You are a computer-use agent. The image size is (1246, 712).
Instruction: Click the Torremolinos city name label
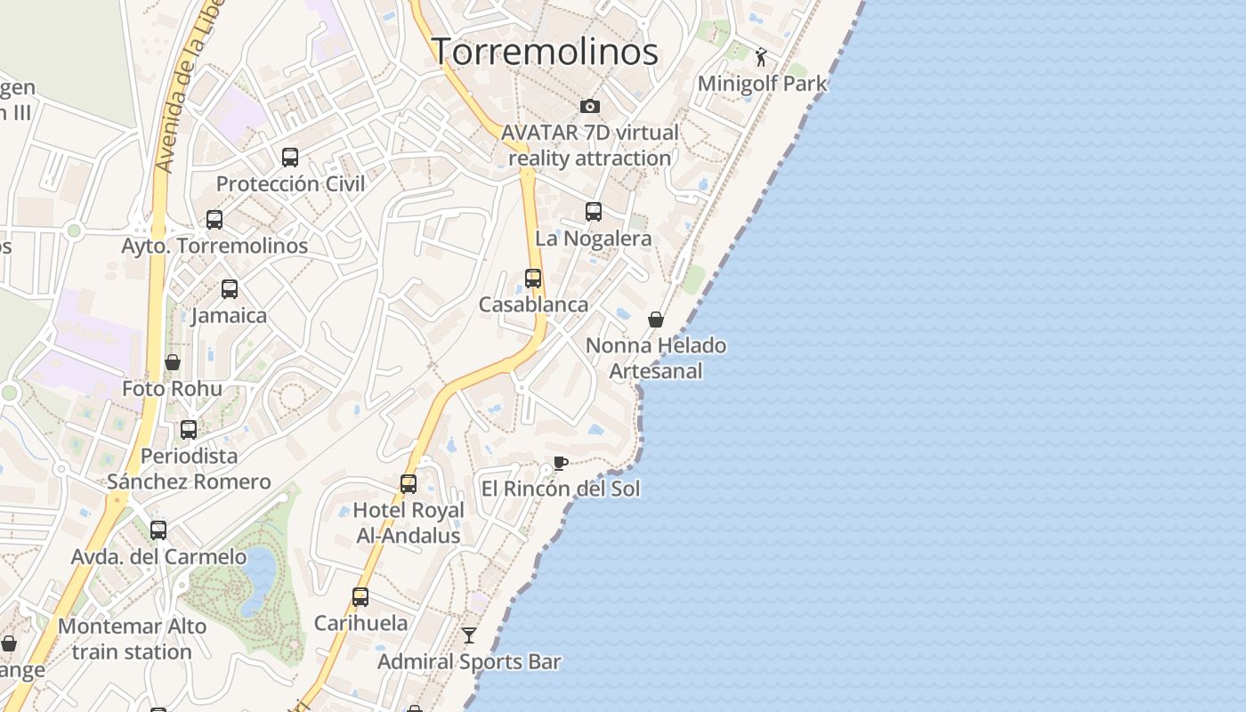[x=545, y=52]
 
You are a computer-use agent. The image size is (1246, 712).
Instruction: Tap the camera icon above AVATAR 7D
[x=589, y=107]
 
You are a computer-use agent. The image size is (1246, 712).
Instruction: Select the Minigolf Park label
[x=762, y=84]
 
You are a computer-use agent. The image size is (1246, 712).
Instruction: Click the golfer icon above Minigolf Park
[x=760, y=58]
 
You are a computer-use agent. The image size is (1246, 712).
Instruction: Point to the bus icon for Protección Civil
[x=290, y=158]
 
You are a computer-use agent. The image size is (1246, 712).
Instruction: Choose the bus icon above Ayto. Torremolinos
[x=214, y=220]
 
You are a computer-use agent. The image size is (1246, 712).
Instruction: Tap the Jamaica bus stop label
[x=229, y=316]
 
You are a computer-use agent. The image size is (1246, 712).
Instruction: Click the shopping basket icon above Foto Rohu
[x=173, y=362]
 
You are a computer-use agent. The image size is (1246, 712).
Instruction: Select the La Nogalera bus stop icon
[x=594, y=212]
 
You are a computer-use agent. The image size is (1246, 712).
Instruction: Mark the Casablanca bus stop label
[x=533, y=304]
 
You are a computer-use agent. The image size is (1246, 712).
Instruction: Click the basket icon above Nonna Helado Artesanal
[x=656, y=320]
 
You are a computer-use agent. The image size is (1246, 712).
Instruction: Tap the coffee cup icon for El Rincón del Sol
[x=560, y=463]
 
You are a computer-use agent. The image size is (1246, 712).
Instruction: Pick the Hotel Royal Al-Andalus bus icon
[x=409, y=484]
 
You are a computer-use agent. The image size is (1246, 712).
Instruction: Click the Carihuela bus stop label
[x=360, y=623]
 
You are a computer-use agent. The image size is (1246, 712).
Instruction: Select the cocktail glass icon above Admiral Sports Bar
[x=469, y=635]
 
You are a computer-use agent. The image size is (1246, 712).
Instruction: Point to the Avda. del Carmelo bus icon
[x=158, y=530]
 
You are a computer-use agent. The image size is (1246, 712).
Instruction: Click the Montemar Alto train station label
[x=132, y=639]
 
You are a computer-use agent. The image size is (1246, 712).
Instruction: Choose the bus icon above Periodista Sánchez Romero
[x=189, y=430]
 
